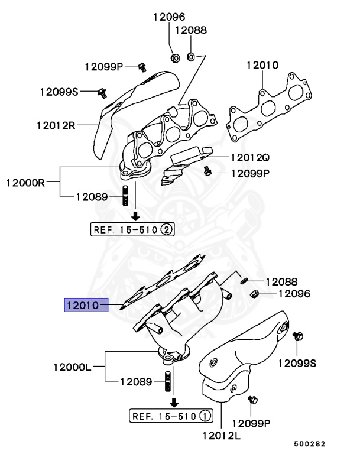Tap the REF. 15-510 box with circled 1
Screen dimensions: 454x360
click(170, 416)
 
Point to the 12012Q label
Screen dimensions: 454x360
click(249, 158)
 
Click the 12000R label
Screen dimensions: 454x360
click(26, 182)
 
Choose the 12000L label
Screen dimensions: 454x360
click(72, 367)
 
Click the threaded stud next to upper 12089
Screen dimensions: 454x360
click(125, 196)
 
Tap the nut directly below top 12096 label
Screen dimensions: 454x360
click(176, 57)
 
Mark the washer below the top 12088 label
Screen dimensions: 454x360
click(192, 57)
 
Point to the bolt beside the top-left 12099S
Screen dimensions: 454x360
click(102, 92)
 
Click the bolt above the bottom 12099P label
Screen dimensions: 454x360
click(254, 400)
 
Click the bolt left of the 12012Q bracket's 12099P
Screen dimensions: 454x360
click(207, 171)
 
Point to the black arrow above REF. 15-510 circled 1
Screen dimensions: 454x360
click(174, 401)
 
